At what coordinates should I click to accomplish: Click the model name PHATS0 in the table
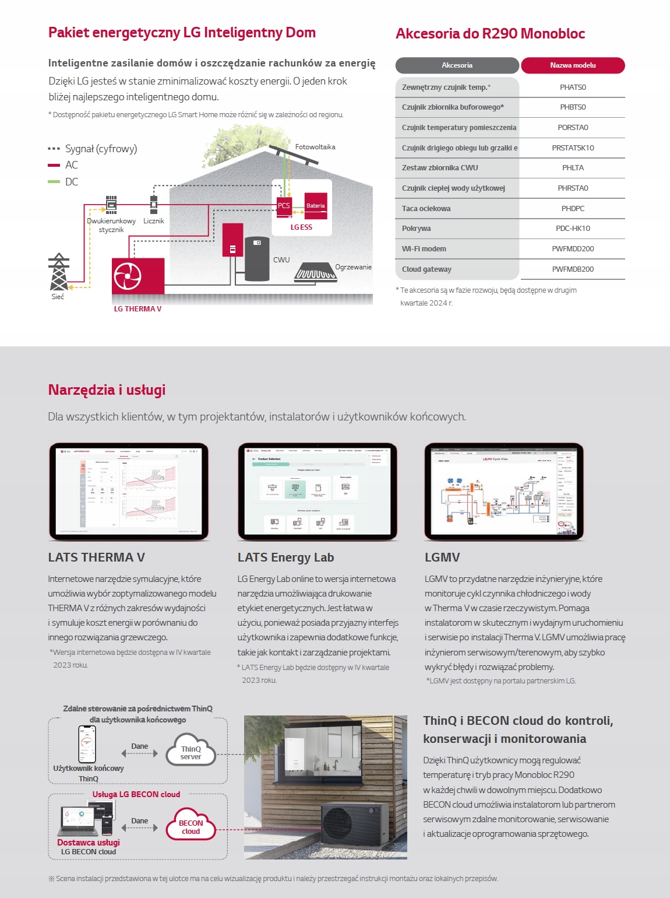(573, 87)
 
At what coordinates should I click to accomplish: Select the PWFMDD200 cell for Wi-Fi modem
(573, 249)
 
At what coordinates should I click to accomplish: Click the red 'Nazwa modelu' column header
(573, 65)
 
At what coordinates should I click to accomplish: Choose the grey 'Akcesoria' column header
(457, 65)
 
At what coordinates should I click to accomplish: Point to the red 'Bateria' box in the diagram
(316, 205)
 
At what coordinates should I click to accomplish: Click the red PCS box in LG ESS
(284, 206)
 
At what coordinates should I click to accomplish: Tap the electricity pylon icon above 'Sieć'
(58, 272)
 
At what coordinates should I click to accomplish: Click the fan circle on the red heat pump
(128, 276)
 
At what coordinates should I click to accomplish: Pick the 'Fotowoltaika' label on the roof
(315, 147)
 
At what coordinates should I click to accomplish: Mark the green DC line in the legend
(54, 182)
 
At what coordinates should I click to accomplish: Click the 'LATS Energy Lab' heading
(285, 557)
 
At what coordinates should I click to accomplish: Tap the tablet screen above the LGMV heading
(504, 491)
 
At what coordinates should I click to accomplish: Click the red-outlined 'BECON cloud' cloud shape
(191, 826)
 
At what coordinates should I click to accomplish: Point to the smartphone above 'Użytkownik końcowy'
(87, 744)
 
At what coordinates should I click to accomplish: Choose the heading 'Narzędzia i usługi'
(107, 390)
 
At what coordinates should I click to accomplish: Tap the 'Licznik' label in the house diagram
(154, 221)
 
